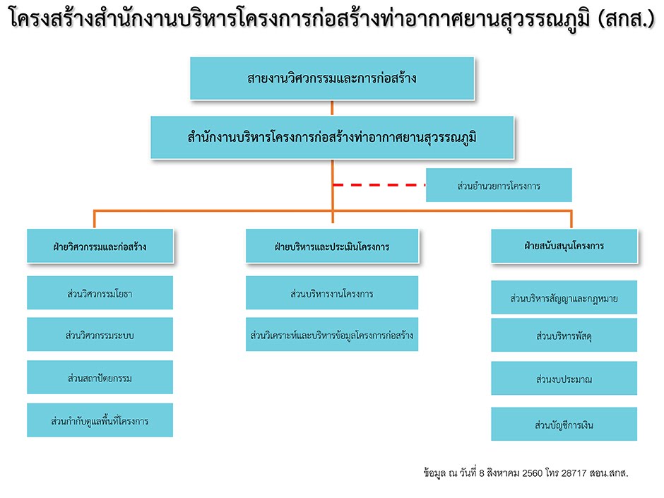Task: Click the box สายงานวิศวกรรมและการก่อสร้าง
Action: tap(332, 78)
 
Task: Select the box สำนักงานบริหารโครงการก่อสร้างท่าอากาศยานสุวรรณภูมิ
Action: tap(332, 138)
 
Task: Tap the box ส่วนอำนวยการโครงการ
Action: tap(499, 185)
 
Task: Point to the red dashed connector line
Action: tap(379, 185)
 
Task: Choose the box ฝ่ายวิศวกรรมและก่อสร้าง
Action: tap(100, 246)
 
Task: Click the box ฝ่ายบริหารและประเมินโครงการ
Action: tap(332, 246)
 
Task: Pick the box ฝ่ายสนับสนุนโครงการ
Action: tap(564, 246)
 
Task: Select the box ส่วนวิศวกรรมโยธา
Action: tap(100, 293)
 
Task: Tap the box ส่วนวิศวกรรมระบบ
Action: tap(100, 335)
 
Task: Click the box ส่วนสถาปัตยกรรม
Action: tap(100, 377)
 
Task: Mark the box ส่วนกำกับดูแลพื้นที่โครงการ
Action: tap(100, 420)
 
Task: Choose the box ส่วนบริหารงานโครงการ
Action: tap(332, 293)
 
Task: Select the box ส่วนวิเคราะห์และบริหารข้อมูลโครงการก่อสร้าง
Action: tap(332, 335)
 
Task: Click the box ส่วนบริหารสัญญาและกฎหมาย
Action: tap(564, 297)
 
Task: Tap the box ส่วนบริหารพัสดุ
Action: tap(564, 336)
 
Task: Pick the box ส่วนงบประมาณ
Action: tap(564, 379)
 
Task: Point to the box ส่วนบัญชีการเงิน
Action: tap(564, 425)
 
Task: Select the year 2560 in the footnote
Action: tap(533, 473)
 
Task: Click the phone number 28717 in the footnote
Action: tap(574, 473)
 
